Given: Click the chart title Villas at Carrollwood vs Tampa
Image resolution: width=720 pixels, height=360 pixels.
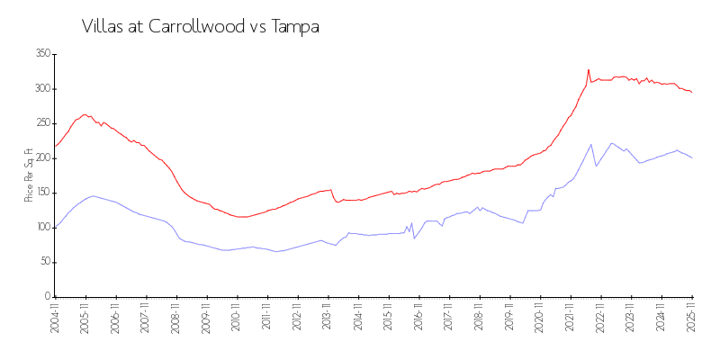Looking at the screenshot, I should point(201,26).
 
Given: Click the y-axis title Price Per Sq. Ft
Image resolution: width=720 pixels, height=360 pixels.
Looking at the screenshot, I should point(30,175).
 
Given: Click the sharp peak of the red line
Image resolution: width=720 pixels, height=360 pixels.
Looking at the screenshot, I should point(589,69).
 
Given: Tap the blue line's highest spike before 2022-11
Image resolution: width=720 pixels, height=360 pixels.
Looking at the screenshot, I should point(591,144).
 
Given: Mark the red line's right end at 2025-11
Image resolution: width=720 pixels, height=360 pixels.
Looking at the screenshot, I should point(692,93).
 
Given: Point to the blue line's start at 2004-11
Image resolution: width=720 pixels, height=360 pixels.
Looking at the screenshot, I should point(56,227).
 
